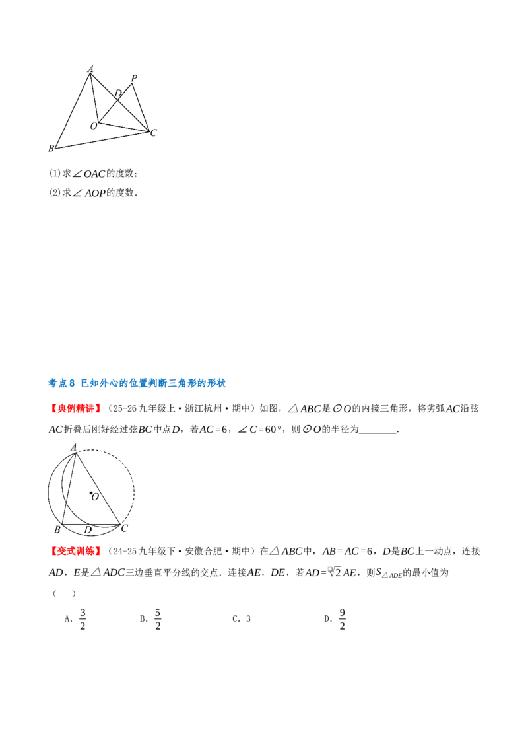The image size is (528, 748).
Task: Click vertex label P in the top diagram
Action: (x=135, y=78)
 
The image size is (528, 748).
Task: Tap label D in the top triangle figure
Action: (x=118, y=93)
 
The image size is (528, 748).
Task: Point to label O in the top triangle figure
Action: (x=94, y=126)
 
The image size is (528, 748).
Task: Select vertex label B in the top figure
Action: (x=51, y=149)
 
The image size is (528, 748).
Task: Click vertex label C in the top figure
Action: (x=153, y=133)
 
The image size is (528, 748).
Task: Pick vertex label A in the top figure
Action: (x=90, y=69)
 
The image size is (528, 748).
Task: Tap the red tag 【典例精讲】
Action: (x=76, y=409)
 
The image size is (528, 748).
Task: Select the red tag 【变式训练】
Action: (x=76, y=552)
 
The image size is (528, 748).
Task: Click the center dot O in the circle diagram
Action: (x=90, y=493)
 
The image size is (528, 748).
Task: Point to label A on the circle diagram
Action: (x=73, y=447)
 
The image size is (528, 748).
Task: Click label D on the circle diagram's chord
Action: (x=88, y=530)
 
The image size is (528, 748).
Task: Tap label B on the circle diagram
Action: (x=57, y=529)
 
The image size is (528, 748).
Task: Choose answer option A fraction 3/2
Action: (x=82, y=619)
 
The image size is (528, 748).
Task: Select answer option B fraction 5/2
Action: (x=158, y=619)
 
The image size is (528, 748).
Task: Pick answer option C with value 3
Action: (x=248, y=619)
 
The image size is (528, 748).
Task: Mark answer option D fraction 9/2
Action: (x=342, y=619)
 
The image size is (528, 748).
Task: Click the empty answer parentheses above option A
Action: (x=64, y=593)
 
